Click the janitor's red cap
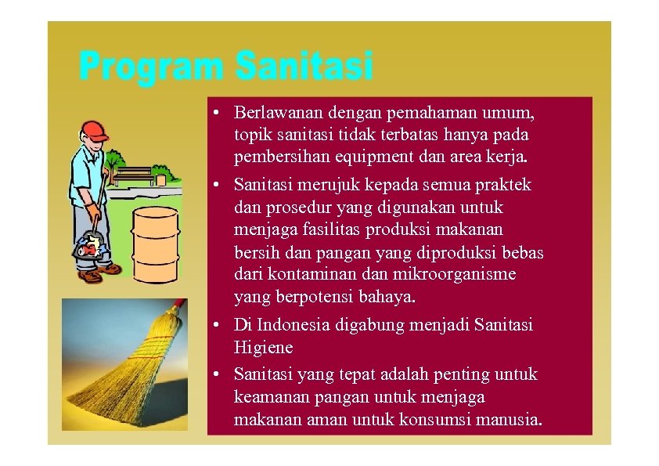93,129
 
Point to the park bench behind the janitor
134,172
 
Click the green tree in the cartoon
114,161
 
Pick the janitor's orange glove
93,211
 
